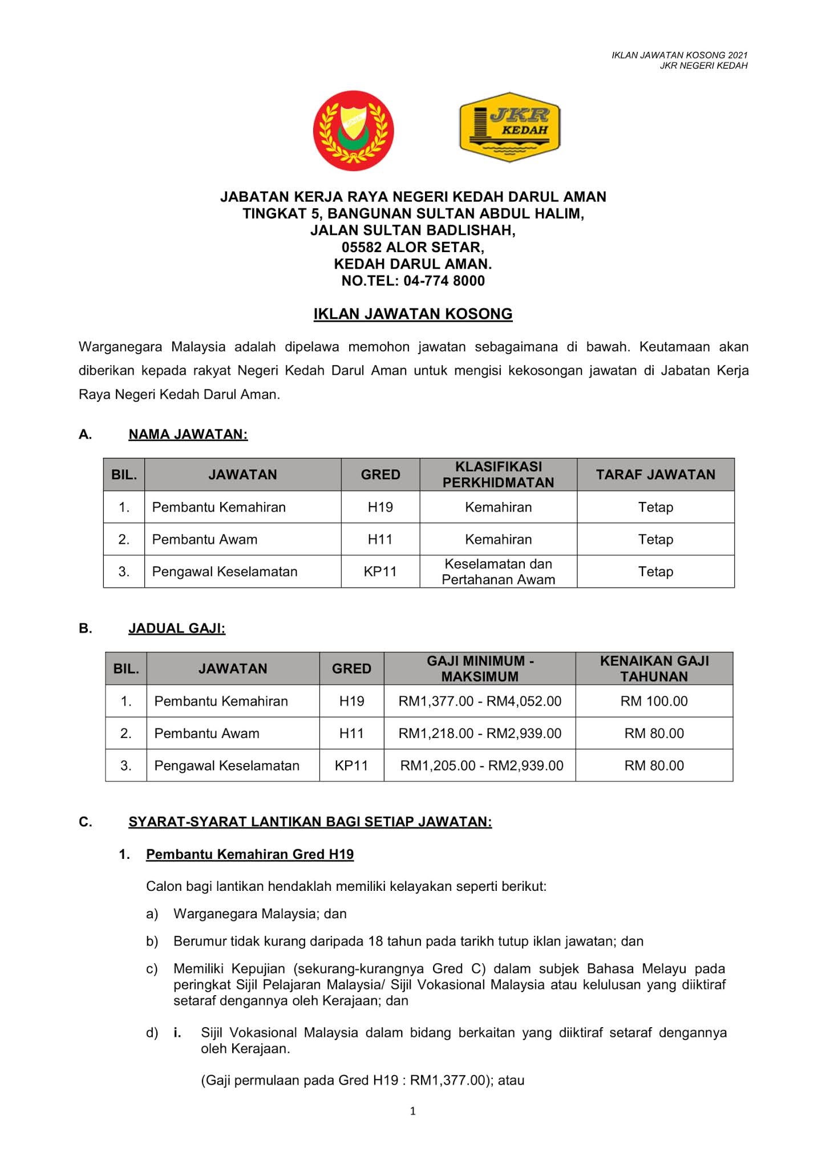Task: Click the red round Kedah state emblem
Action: click(353, 131)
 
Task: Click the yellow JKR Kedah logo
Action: click(509, 127)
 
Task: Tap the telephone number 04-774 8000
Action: click(444, 281)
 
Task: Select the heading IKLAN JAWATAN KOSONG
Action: click(413, 314)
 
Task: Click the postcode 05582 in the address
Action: click(362, 248)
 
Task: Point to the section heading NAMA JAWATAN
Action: click(188, 435)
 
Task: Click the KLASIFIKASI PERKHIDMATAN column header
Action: click(498, 474)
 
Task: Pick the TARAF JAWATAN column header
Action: click(655, 474)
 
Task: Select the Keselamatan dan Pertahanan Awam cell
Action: click(498, 571)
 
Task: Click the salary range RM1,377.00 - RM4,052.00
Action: click(480, 701)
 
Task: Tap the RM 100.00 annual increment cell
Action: click(654, 701)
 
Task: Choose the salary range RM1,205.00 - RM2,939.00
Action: click(481, 765)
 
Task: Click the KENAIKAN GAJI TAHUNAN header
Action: click(654, 668)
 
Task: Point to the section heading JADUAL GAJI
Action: click(177, 628)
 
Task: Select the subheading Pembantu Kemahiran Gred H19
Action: click(250, 854)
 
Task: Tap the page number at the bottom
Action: click(413, 1111)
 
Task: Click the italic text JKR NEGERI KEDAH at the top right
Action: click(703, 66)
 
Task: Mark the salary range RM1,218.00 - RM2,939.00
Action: click(480, 733)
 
